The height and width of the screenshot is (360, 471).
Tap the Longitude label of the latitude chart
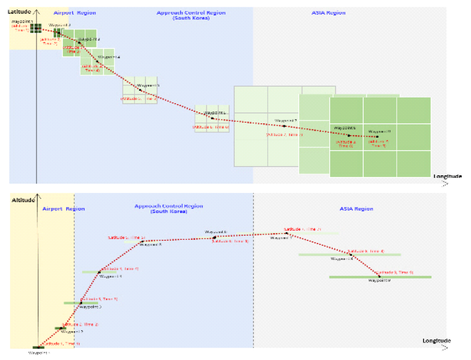click(447, 176)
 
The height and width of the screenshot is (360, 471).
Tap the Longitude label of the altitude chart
click(436, 340)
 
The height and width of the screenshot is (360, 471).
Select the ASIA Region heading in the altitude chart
click(356, 209)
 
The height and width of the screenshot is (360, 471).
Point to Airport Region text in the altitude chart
click(63, 209)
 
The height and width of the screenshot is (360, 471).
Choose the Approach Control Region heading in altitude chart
click(169, 206)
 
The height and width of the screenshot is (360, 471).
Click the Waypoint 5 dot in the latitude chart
click(140, 91)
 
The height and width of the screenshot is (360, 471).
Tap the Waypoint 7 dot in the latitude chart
click(284, 126)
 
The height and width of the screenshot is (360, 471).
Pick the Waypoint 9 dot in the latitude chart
click(377, 137)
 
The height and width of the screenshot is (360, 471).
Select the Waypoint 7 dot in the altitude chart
click(287, 233)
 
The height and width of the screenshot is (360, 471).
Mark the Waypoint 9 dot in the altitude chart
click(379, 277)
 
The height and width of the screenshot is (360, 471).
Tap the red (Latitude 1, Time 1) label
click(61, 343)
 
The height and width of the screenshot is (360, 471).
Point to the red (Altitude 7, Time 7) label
click(284, 135)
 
